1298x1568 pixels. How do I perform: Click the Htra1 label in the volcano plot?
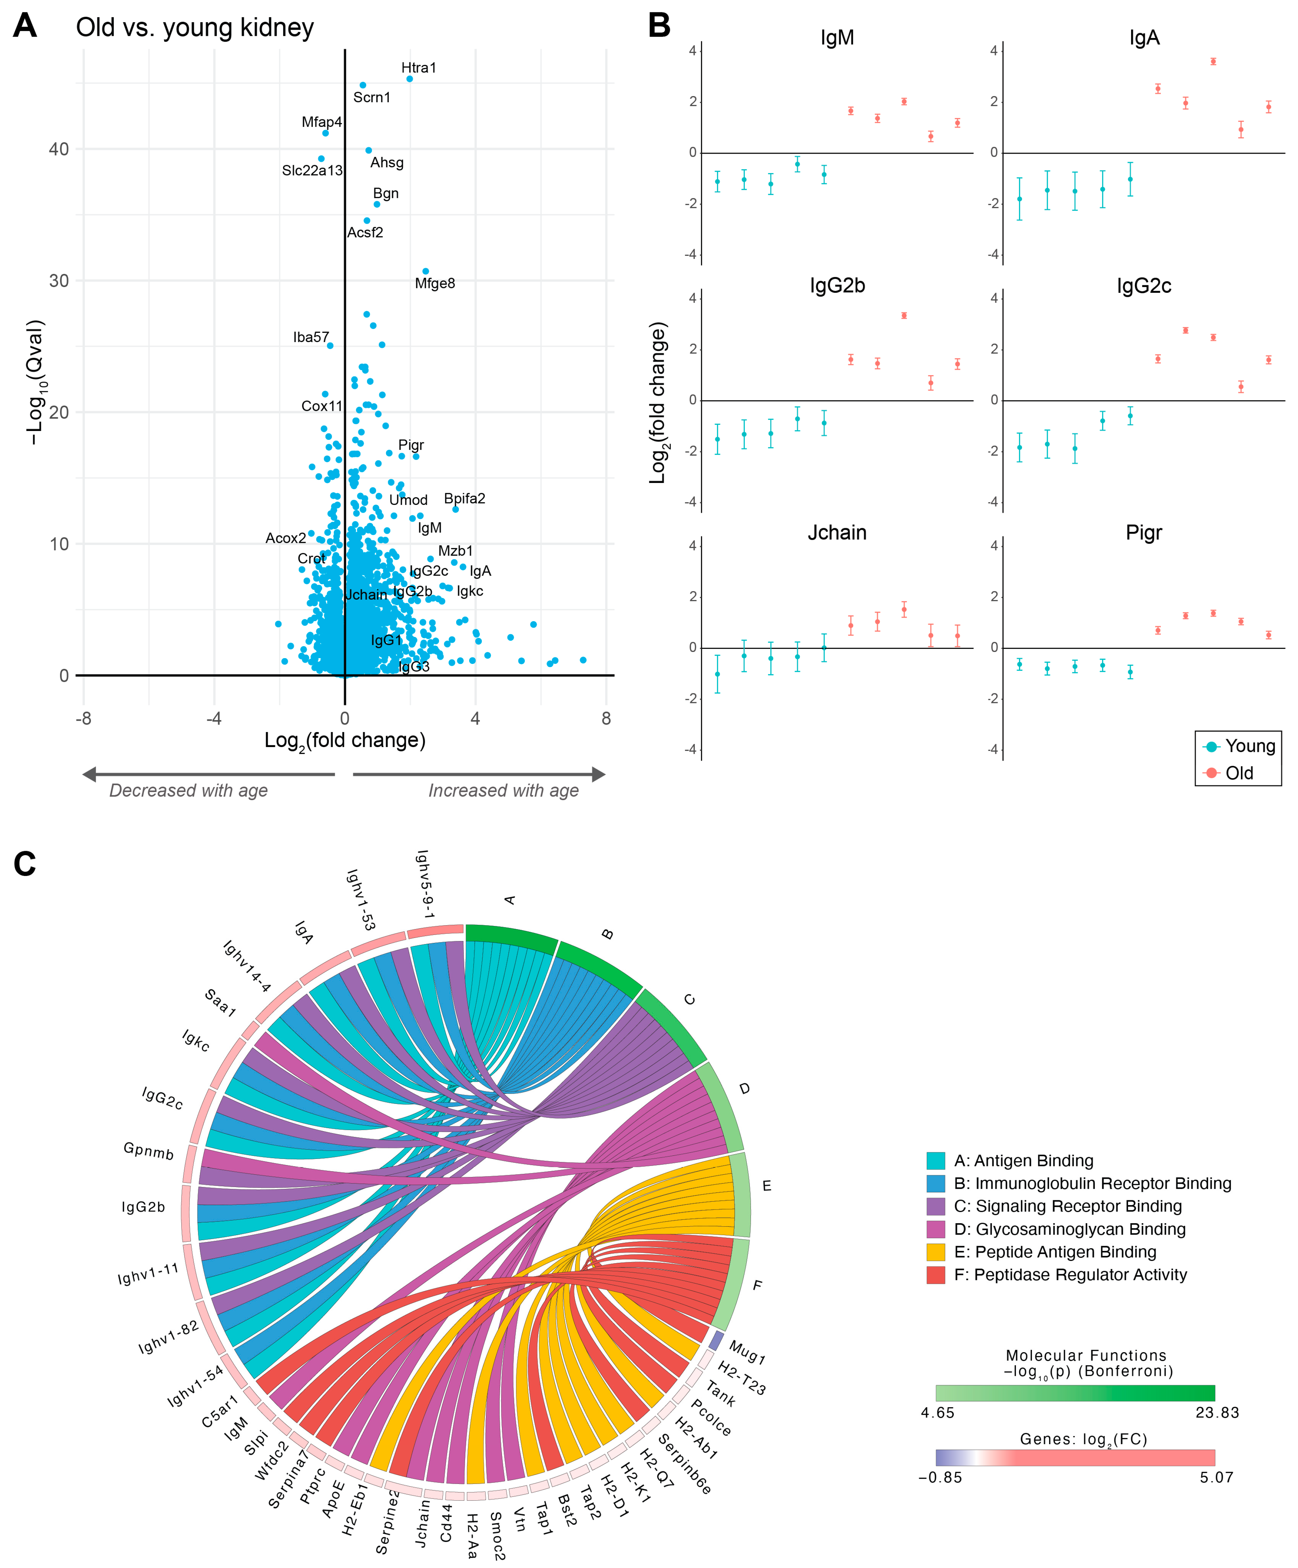point(419,68)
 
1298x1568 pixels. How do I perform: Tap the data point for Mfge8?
point(425,271)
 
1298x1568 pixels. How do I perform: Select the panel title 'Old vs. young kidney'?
point(195,28)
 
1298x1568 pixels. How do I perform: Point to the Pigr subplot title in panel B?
point(1143,533)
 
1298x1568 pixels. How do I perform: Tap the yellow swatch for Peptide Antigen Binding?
point(935,1252)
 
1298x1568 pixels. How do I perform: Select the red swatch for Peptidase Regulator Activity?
point(935,1275)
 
